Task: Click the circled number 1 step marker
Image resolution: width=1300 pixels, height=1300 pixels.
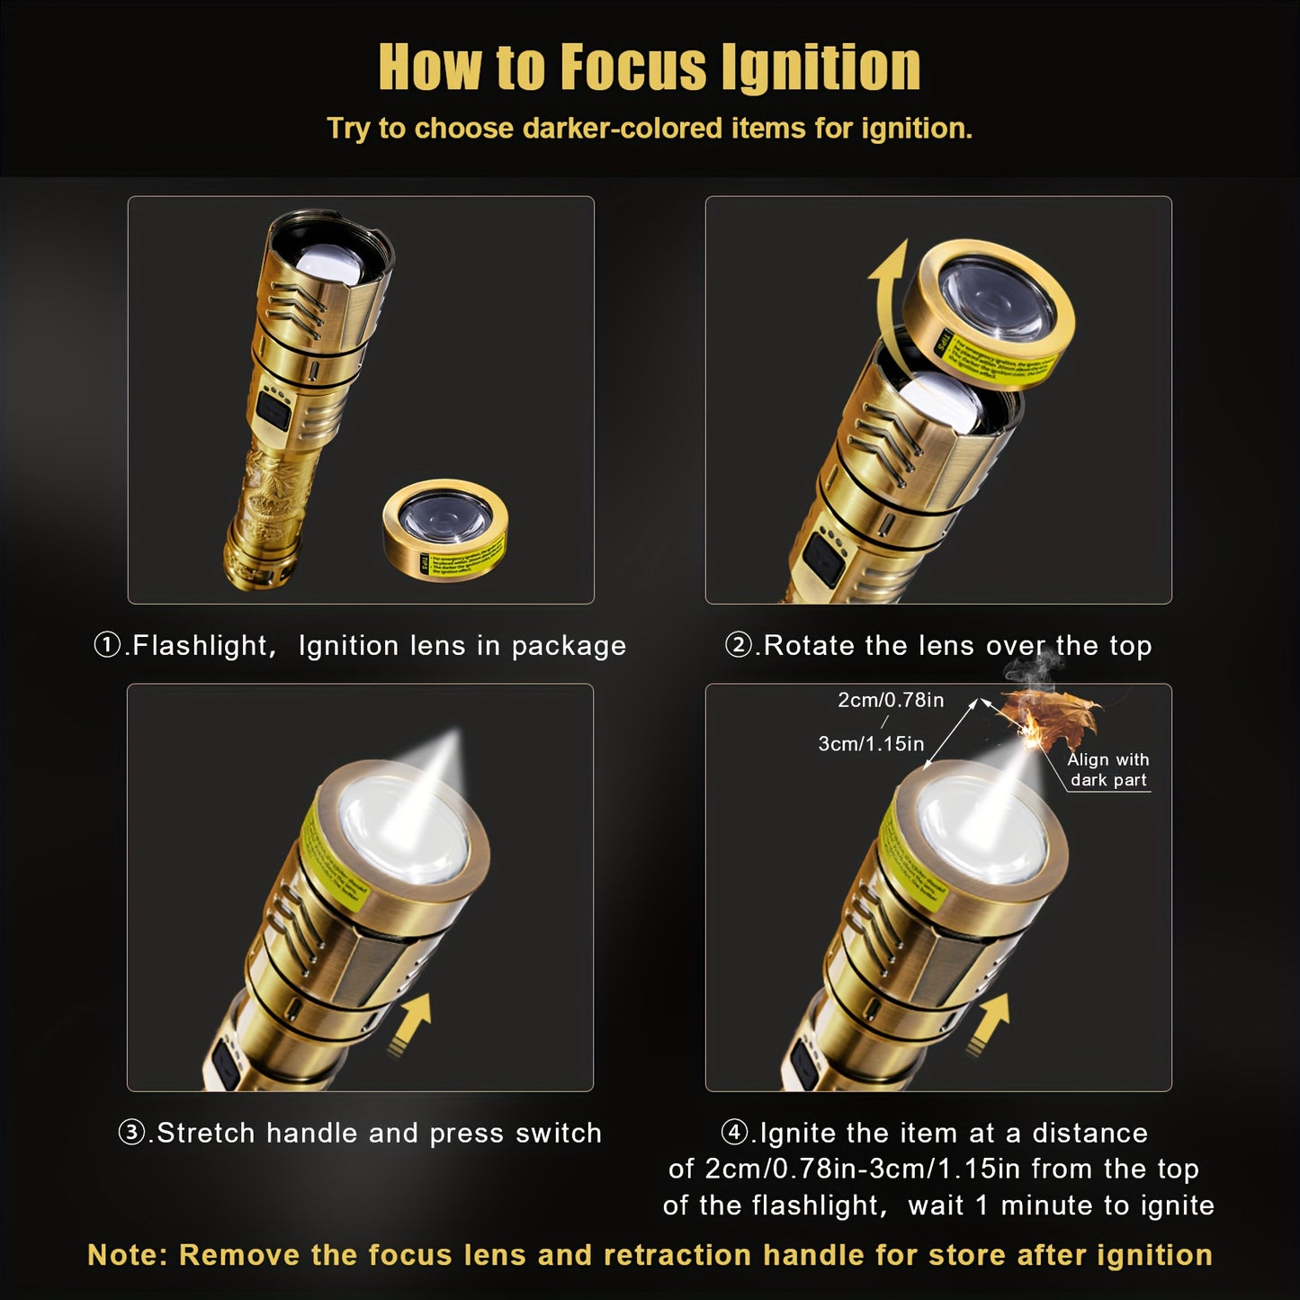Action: pos(108,646)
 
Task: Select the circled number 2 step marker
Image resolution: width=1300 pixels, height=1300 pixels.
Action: pos(740,646)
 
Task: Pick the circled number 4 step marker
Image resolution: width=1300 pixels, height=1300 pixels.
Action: pos(736,1133)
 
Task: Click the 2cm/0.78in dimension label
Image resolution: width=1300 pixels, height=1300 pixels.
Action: pos(891,700)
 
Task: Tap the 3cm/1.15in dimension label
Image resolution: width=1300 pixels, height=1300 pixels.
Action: pos(870,744)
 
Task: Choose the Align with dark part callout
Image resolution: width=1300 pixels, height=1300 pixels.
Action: pos(1107,770)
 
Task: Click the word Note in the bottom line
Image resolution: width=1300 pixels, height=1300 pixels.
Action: pos(127,1255)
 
